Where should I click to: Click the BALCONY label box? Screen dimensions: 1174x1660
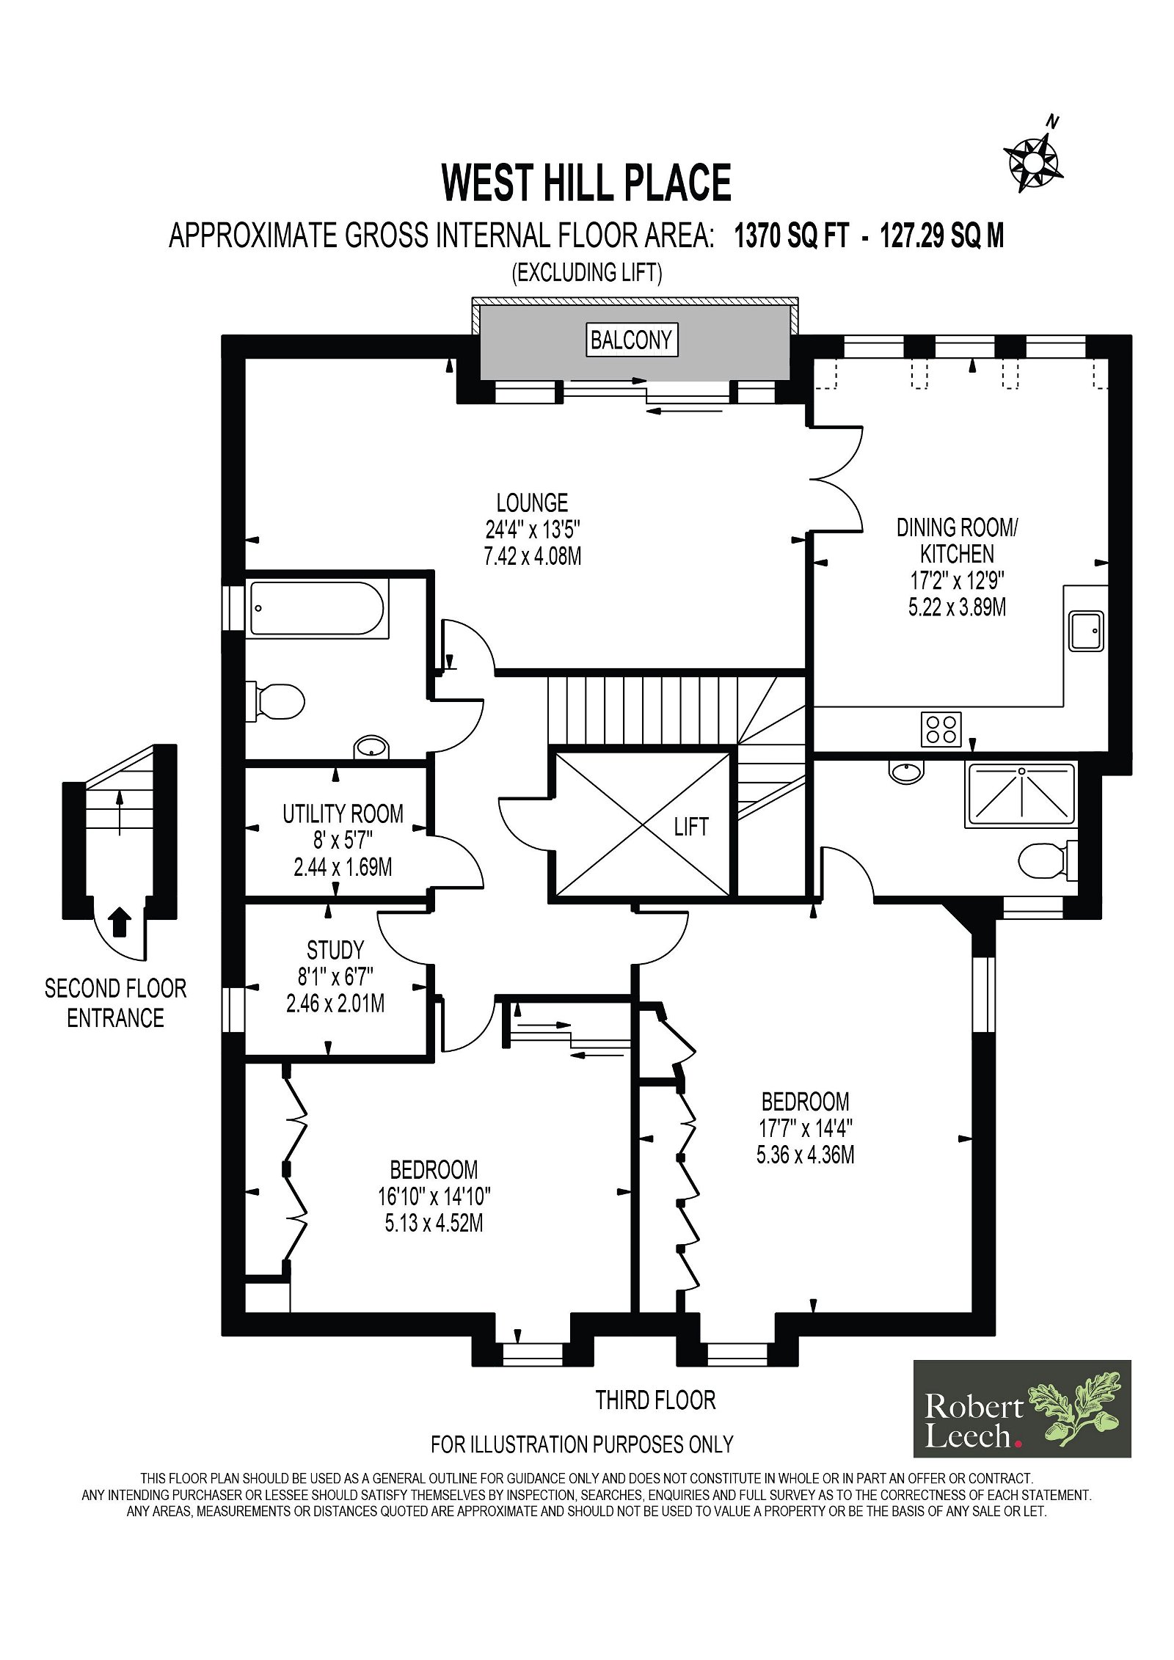coord(631,340)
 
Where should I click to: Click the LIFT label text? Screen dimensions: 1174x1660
coord(690,827)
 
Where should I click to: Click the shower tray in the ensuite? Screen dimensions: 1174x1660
coord(1022,793)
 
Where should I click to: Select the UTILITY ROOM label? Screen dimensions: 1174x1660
coord(343,813)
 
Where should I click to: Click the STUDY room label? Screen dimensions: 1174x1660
coord(335,951)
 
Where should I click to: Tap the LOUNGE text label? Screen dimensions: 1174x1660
coord(532,502)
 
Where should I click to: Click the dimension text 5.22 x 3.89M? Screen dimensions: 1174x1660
coord(957,607)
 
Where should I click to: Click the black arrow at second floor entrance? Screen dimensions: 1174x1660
coord(120,922)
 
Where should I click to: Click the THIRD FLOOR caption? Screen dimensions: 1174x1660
coord(655,1400)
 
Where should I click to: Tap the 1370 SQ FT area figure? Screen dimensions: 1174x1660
coord(791,237)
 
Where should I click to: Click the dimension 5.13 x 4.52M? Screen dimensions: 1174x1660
coord(434,1224)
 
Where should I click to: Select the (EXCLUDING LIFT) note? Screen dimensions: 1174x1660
coord(587,273)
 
